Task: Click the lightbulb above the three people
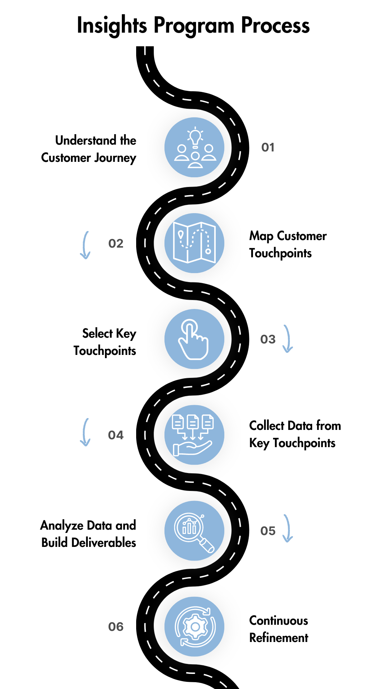[195, 137]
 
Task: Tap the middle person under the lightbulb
[195, 160]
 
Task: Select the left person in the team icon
[182, 153]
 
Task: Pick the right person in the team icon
[209, 153]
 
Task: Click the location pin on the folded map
[181, 235]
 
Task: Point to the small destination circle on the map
[208, 251]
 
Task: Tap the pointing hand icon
[193, 339]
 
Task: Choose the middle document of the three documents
[193, 422]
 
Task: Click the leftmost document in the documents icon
[178, 422]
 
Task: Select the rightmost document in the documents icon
[208, 422]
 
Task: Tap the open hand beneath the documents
[192, 449]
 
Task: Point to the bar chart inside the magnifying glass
[189, 528]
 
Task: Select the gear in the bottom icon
[195, 627]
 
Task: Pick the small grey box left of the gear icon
[117, 627]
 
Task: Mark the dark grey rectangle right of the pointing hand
[279, 380]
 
